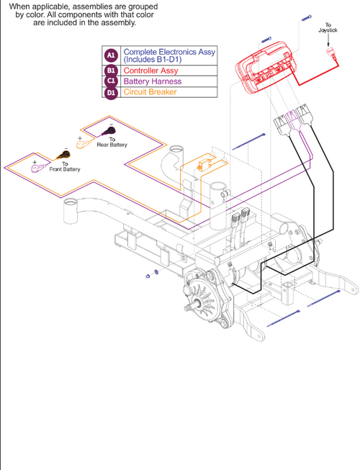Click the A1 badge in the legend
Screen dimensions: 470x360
coord(111,55)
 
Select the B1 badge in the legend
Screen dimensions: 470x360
coord(111,71)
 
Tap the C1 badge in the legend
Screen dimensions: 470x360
coord(111,81)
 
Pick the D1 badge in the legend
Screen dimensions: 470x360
coord(111,92)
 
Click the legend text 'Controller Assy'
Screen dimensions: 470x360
coord(153,71)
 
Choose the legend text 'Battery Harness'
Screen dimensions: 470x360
coord(153,81)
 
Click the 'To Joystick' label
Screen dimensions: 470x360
coord(328,28)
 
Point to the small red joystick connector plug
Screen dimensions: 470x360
coord(332,53)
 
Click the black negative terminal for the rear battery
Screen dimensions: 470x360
coord(110,131)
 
